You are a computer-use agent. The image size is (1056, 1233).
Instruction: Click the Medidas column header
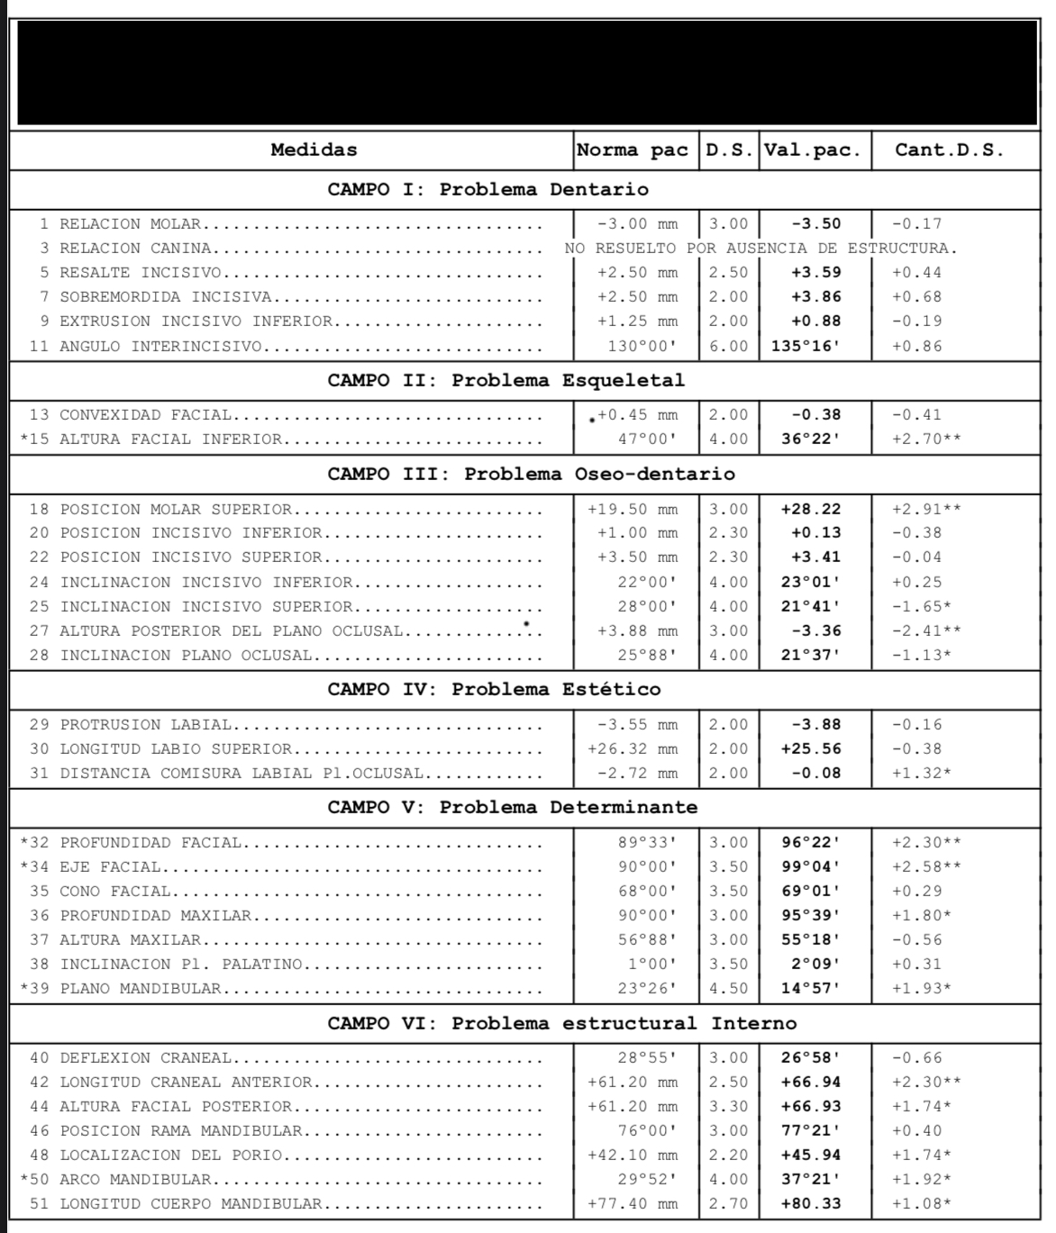pos(314,150)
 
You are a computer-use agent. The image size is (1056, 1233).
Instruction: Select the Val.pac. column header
pos(816,150)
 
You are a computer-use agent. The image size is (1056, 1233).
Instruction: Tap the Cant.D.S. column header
pos(949,150)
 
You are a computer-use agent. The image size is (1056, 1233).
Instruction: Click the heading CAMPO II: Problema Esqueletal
pos(505,380)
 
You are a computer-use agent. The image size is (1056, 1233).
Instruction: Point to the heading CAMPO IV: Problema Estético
pos(494,690)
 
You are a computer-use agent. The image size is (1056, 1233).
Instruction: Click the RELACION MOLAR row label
pos(130,224)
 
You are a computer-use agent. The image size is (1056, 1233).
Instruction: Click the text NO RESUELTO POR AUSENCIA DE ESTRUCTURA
pos(761,249)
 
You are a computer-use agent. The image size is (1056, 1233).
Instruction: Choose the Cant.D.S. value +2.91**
pos(926,509)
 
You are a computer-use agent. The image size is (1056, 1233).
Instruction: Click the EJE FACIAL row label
pos(110,867)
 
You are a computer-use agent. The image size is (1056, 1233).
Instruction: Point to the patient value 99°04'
pos(810,867)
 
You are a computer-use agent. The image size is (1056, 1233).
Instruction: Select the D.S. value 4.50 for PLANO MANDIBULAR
pos(728,989)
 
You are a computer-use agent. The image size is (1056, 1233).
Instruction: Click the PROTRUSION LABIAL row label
pos(145,725)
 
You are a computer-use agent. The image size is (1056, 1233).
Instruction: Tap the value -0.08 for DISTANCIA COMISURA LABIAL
pos(815,774)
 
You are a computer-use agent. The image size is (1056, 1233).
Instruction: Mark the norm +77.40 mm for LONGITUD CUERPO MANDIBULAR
pos(633,1204)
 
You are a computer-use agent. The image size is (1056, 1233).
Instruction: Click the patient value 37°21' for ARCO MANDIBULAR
pos(810,1180)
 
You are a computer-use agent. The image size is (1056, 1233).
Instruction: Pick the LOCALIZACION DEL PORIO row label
pos(170,1156)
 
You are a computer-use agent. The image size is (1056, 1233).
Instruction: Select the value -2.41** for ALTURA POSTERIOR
pos(926,631)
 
